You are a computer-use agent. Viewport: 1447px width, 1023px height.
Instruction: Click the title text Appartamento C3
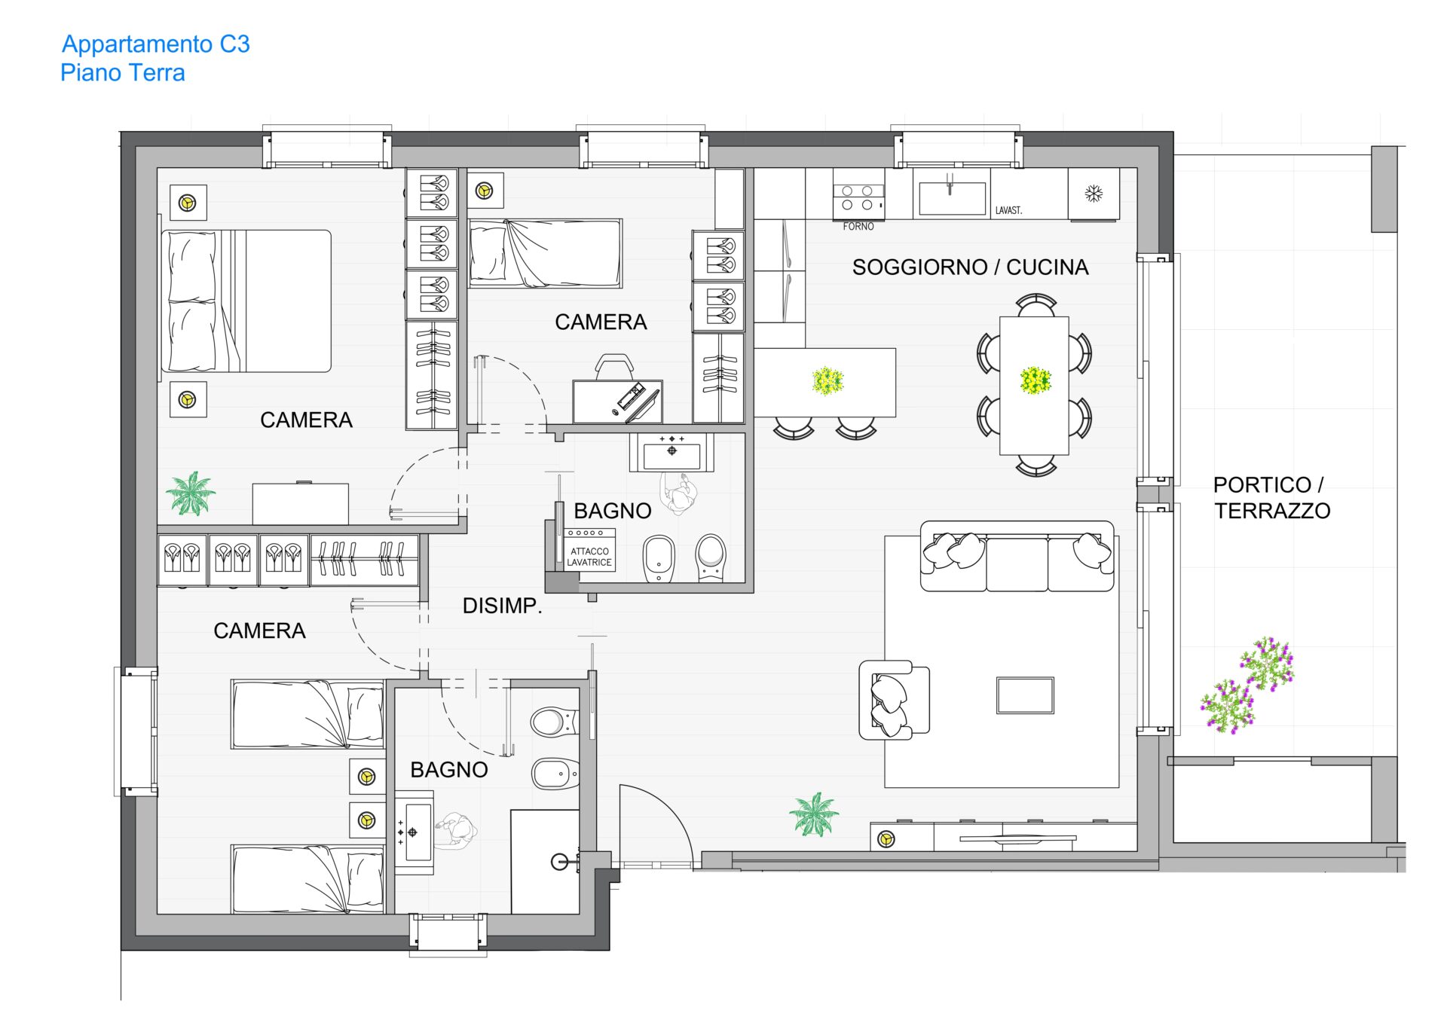pyautogui.click(x=155, y=44)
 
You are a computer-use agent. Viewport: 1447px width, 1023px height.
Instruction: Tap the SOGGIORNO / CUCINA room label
pyautogui.click(x=970, y=267)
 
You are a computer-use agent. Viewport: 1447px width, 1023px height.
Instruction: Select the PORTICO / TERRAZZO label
pyautogui.click(x=1271, y=498)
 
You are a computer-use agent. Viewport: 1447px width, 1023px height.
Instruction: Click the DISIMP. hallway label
pyautogui.click(x=502, y=606)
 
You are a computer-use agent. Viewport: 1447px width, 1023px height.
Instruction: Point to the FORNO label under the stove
pyautogui.click(x=858, y=226)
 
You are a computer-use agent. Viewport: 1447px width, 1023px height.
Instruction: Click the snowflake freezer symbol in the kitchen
pyautogui.click(x=1094, y=194)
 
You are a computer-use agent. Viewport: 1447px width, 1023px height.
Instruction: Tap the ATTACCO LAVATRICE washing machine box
pyautogui.click(x=589, y=550)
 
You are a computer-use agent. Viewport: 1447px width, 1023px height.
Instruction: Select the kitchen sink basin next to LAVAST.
pyautogui.click(x=952, y=198)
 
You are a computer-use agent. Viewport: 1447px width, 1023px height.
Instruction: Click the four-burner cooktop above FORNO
pyautogui.click(x=858, y=197)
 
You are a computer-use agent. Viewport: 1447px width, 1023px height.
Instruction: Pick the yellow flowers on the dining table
pyautogui.click(x=1036, y=380)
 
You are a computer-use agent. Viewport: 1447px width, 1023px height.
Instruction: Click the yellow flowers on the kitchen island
pyautogui.click(x=828, y=381)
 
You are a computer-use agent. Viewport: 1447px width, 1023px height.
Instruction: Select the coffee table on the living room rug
pyautogui.click(x=1025, y=695)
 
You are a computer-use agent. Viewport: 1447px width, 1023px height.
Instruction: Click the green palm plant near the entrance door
pyautogui.click(x=813, y=814)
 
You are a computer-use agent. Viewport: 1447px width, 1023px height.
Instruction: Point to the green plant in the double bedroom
pyautogui.click(x=191, y=493)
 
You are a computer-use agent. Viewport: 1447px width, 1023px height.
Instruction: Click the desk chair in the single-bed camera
pyautogui.click(x=614, y=367)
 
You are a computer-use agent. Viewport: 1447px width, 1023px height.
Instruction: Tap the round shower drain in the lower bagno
pyautogui.click(x=559, y=862)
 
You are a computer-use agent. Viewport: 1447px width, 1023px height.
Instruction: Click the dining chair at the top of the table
pyautogui.click(x=1036, y=306)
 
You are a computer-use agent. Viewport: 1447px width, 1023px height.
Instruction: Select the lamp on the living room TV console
pyautogui.click(x=886, y=838)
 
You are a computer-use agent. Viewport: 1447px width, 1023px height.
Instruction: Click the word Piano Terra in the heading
pyautogui.click(x=123, y=73)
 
